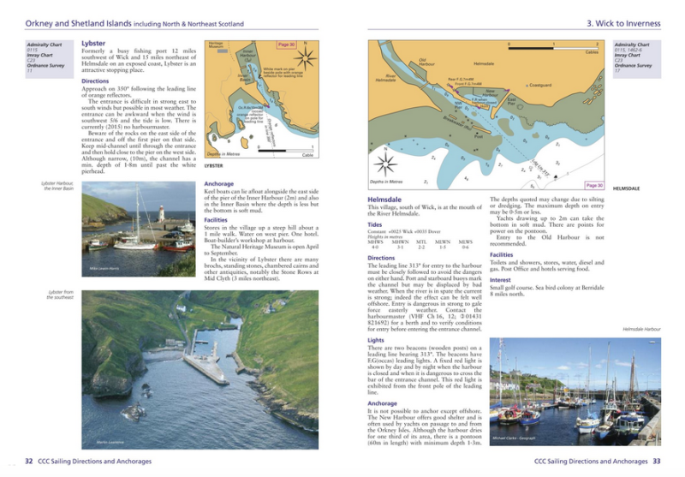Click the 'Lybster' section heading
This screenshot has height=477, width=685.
tap(93, 43)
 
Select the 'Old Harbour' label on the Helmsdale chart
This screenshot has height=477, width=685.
tap(427, 62)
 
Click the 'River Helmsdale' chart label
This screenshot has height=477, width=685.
tap(385, 78)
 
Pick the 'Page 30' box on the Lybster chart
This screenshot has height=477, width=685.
tap(286, 45)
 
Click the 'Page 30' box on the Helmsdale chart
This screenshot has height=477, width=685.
tap(594, 185)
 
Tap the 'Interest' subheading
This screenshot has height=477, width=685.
tap(500, 279)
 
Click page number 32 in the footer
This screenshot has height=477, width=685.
tap(28, 461)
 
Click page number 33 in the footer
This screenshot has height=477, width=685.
tap(656, 461)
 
